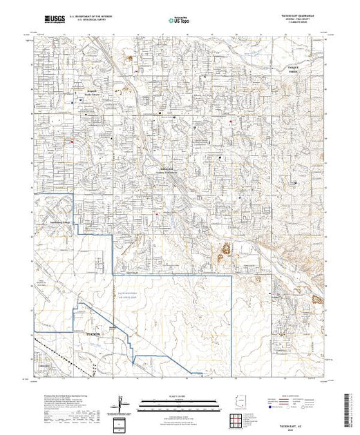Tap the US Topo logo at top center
pos(179,19)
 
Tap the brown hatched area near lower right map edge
pos(317,299)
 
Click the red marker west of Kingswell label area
pos(71,142)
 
